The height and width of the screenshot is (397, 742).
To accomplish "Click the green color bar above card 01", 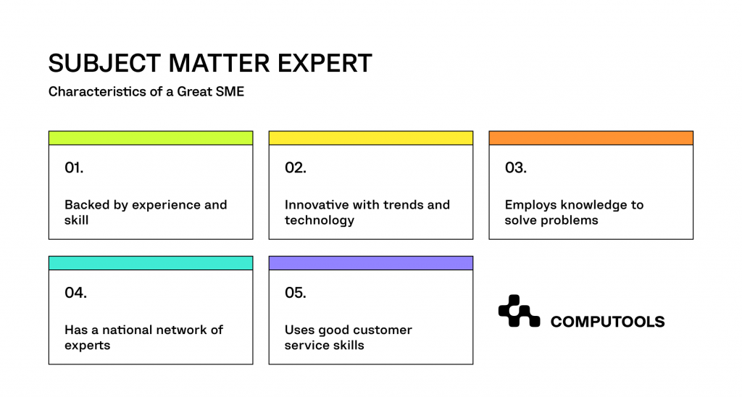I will [x=151, y=138].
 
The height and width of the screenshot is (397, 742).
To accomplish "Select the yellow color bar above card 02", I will [x=370, y=138].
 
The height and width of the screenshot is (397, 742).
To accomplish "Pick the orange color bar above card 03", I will [x=591, y=138].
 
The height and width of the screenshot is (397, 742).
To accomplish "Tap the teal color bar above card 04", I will [x=151, y=262].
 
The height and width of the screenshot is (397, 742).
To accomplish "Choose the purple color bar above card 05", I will [x=370, y=262].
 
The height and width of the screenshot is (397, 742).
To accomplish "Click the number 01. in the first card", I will [x=74, y=168].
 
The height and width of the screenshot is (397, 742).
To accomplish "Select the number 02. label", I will [x=295, y=168].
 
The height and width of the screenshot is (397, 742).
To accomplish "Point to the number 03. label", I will [x=515, y=168].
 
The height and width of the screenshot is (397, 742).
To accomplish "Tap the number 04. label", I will [x=75, y=293].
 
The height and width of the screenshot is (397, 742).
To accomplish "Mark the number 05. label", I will [x=295, y=293].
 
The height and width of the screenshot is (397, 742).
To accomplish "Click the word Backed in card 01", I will [x=86, y=205].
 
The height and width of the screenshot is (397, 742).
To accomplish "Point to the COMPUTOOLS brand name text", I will [x=607, y=322].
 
